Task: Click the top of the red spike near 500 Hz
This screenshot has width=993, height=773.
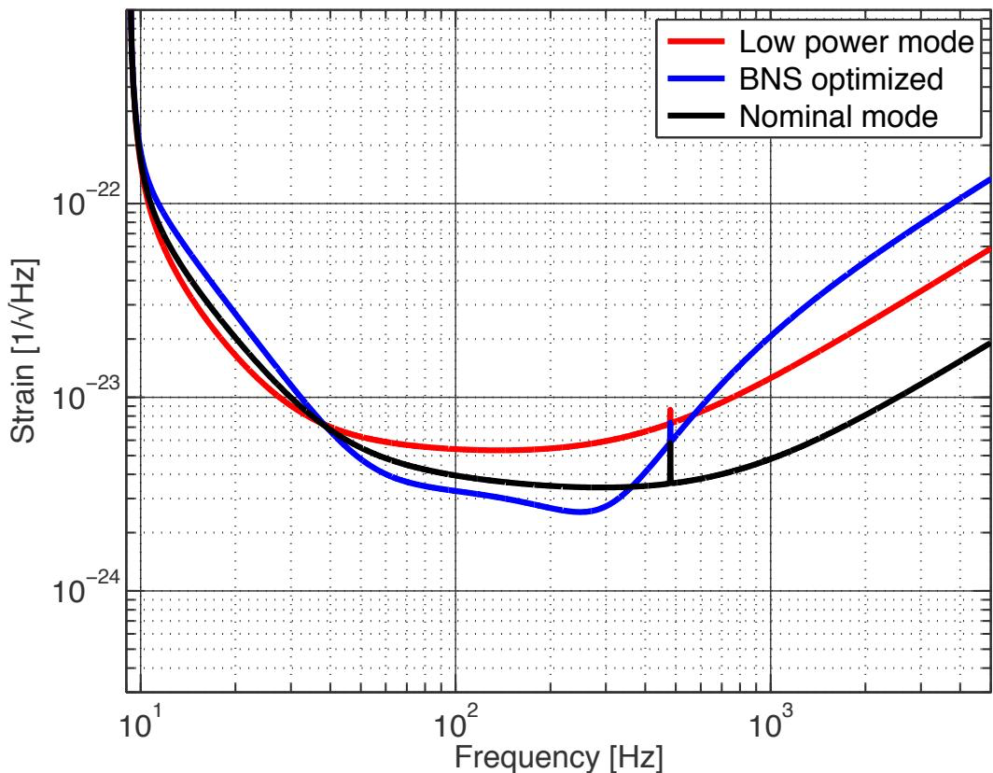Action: [x=670, y=409]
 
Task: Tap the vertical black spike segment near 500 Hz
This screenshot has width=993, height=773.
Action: [x=670, y=462]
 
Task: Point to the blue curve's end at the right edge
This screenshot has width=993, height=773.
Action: [x=989, y=179]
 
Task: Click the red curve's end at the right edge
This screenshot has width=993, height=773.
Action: [x=989, y=249]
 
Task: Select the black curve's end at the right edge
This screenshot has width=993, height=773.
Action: [x=989, y=343]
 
